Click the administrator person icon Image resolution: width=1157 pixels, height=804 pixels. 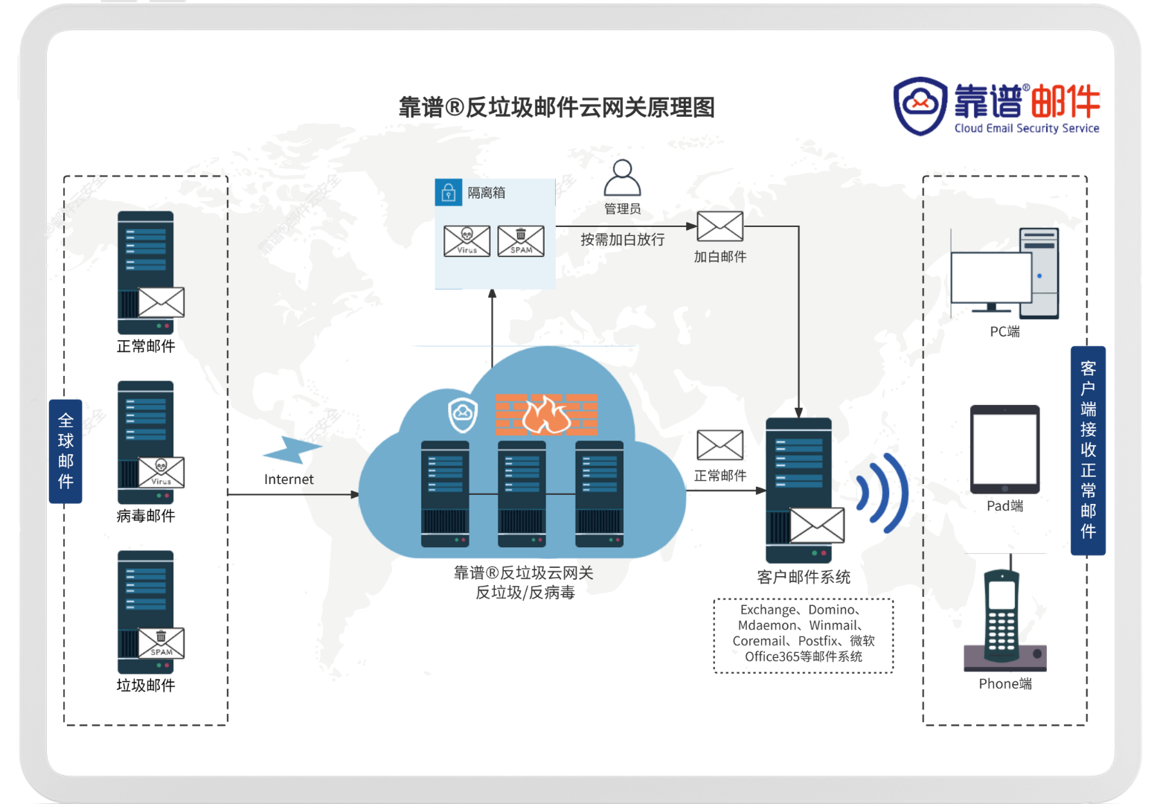(x=622, y=178)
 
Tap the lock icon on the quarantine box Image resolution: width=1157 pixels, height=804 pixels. (x=448, y=193)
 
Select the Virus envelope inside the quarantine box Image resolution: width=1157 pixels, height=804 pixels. (x=467, y=241)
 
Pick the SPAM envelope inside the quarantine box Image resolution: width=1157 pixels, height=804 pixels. (x=521, y=241)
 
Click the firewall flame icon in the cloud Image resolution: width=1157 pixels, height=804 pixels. (x=546, y=415)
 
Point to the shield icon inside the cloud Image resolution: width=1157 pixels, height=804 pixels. (x=462, y=415)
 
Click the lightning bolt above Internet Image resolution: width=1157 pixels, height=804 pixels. (x=293, y=450)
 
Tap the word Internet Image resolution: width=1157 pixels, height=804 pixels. (x=289, y=479)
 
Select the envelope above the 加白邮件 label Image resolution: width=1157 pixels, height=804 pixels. (x=719, y=226)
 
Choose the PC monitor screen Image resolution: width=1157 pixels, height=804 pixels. (x=990, y=278)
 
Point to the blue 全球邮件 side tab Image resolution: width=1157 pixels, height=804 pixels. (x=65, y=451)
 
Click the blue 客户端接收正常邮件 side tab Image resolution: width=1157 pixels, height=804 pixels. (x=1088, y=450)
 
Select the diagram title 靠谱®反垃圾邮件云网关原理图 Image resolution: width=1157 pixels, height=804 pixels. (x=557, y=108)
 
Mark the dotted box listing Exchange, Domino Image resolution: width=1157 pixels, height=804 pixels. (x=804, y=635)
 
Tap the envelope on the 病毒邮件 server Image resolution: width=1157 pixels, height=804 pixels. (x=161, y=473)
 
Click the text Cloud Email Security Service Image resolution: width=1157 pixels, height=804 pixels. (x=1027, y=128)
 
